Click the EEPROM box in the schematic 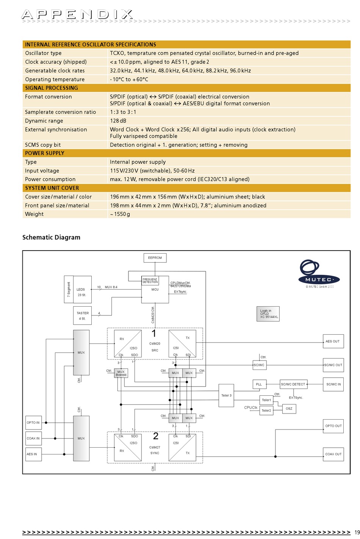tap(155, 258)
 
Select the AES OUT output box tap(333, 341)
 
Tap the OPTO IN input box tap(33, 423)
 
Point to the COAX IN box tap(33, 439)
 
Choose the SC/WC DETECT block tap(293, 384)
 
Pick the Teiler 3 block tap(226, 395)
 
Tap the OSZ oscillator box tap(289, 409)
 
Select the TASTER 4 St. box tap(82, 315)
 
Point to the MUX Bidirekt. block tap(121, 373)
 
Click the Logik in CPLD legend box tap(268, 314)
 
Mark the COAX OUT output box tap(333, 454)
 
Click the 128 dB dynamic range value tap(118, 121)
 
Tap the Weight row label tap(34, 214)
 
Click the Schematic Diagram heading tap(51, 237)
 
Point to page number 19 tap(357, 532)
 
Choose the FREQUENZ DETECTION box tap(150, 280)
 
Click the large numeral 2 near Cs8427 tap(156, 436)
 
